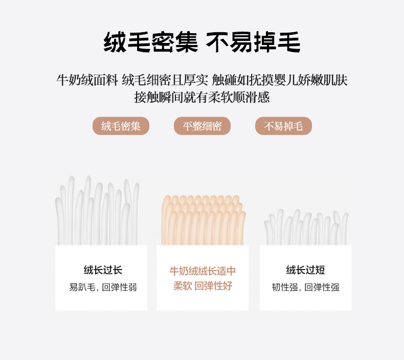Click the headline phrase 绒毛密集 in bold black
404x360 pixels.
click(151, 42)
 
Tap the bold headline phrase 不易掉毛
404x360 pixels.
click(253, 42)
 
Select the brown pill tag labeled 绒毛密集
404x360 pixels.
click(121, 126)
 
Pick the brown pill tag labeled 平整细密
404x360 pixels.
click(203, 126)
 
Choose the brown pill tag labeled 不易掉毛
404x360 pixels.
click(283, 126)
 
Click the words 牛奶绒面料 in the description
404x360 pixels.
click(87, 80)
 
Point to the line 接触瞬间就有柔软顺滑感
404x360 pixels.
click(202, 97)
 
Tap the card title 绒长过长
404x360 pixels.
click(103, 270)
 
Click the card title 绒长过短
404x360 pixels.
click(305, 270)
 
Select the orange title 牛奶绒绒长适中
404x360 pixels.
click(203, 271)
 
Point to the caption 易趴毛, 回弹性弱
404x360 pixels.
click(103, 287)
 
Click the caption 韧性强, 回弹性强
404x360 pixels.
click(305, 287)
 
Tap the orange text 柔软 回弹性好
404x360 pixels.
click(203, 286)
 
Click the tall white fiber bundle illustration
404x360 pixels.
click(97, 210)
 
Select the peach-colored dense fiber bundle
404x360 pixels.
click(204, 220)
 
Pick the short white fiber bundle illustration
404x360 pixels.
click(306, 227)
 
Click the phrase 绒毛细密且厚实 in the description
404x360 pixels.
click(165, 80)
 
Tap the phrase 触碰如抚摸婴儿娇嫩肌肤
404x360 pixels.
click(280, 80)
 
